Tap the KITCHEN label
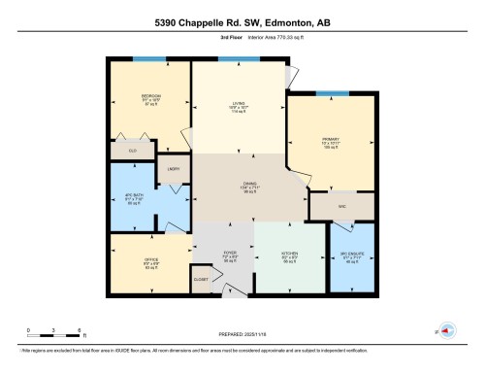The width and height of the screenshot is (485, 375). (x=290, y=256)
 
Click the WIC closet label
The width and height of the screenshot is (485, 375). (x=340, y=206)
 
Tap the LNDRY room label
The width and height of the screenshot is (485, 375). (x=175, y=168)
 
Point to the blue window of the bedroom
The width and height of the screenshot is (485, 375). (x=148, y=61)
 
